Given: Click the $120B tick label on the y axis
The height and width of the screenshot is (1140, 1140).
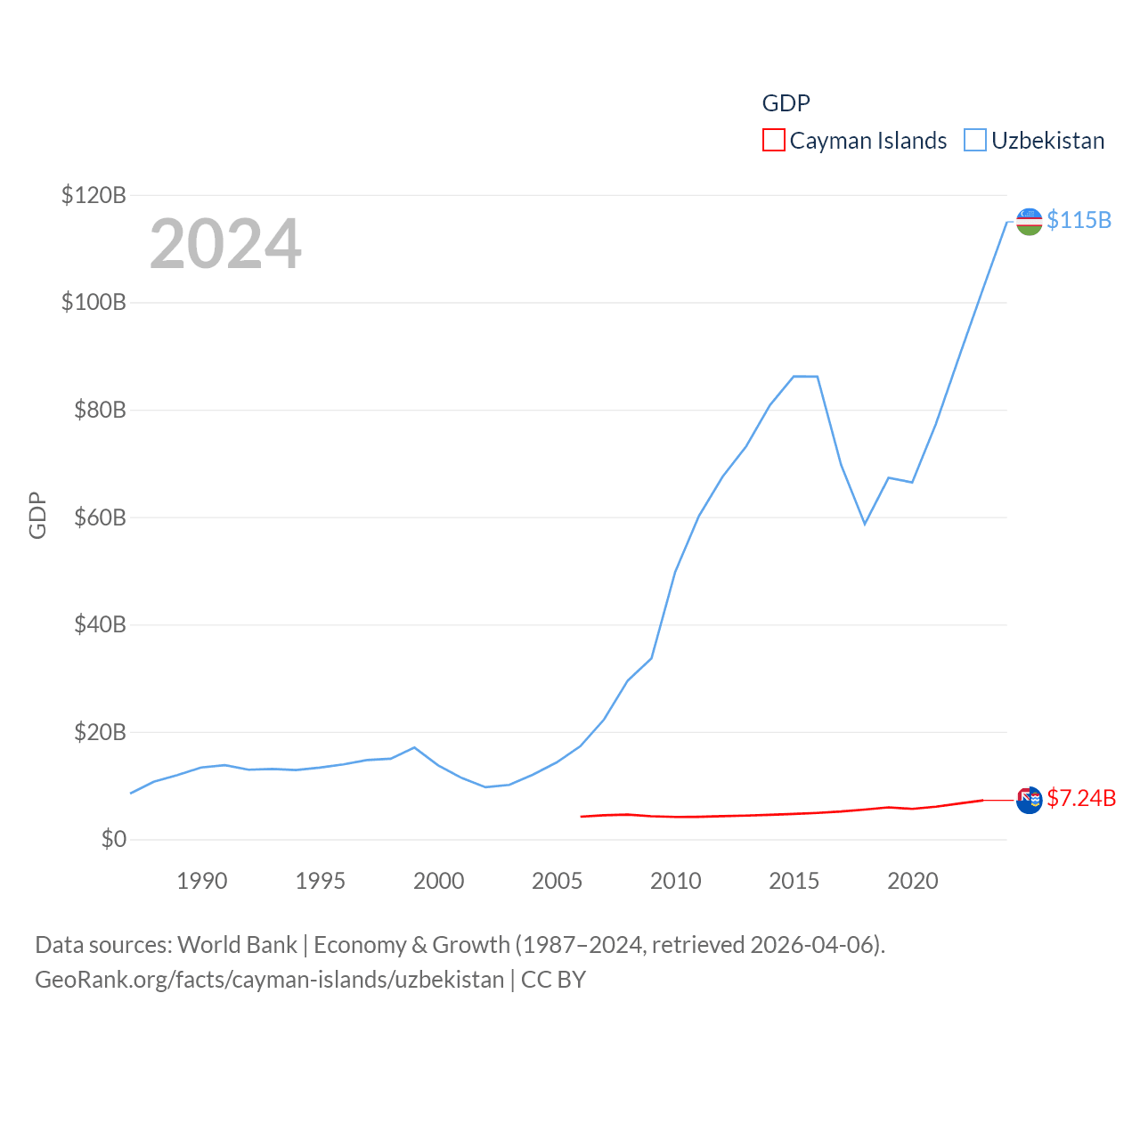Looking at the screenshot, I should pos(94,195).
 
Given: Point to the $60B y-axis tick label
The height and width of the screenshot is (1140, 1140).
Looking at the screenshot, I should pos(99,517).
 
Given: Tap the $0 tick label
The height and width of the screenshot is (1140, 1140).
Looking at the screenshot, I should pos(113,840).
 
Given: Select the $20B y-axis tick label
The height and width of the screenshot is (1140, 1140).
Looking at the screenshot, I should pos(99,733).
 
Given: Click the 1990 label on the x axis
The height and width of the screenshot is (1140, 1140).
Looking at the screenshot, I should pos(202,881).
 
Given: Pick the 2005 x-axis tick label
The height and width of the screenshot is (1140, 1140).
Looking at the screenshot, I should pos(558,881).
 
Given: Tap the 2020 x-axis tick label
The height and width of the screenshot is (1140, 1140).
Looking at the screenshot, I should pos(913,881).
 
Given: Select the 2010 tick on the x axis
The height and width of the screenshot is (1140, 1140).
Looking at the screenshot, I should pos(676,881).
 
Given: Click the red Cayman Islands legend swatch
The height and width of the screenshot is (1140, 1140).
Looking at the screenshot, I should pos(774,141).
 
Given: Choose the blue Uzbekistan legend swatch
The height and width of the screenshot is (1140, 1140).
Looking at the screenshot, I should pos(975,141).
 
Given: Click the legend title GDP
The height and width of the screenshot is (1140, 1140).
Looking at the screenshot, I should pos(786,103).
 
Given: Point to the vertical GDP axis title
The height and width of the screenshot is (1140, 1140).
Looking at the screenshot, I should pos(37,516).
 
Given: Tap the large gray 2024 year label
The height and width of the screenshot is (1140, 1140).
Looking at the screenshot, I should pos(225,244).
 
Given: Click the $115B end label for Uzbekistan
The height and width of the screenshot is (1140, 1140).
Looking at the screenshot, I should pos(1079,220).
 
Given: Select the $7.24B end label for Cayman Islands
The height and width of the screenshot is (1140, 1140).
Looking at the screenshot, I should pos(1081,798).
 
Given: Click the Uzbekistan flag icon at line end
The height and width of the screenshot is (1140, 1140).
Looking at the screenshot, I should pos(1029,222).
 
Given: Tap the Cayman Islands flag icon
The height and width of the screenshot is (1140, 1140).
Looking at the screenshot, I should pos(1029,800).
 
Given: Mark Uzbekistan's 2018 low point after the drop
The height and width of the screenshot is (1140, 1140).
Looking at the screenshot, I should pos(865,524).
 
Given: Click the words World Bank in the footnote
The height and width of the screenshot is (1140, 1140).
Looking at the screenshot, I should pos(237,945).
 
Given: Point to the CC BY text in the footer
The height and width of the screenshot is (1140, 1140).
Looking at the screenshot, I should pos(553,980).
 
